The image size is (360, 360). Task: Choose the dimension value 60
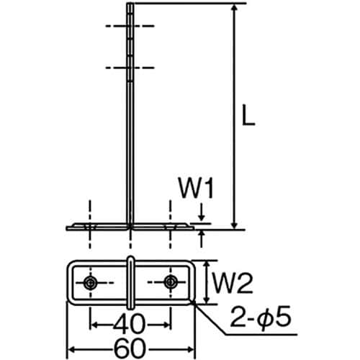[x=130, y=347]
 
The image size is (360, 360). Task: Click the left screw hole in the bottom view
[x=90, y=282]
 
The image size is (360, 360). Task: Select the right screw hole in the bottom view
[x=171, y=282]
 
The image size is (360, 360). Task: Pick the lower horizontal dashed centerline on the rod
[x=130, y=68]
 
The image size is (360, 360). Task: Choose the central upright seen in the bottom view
[x=130, y=282]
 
